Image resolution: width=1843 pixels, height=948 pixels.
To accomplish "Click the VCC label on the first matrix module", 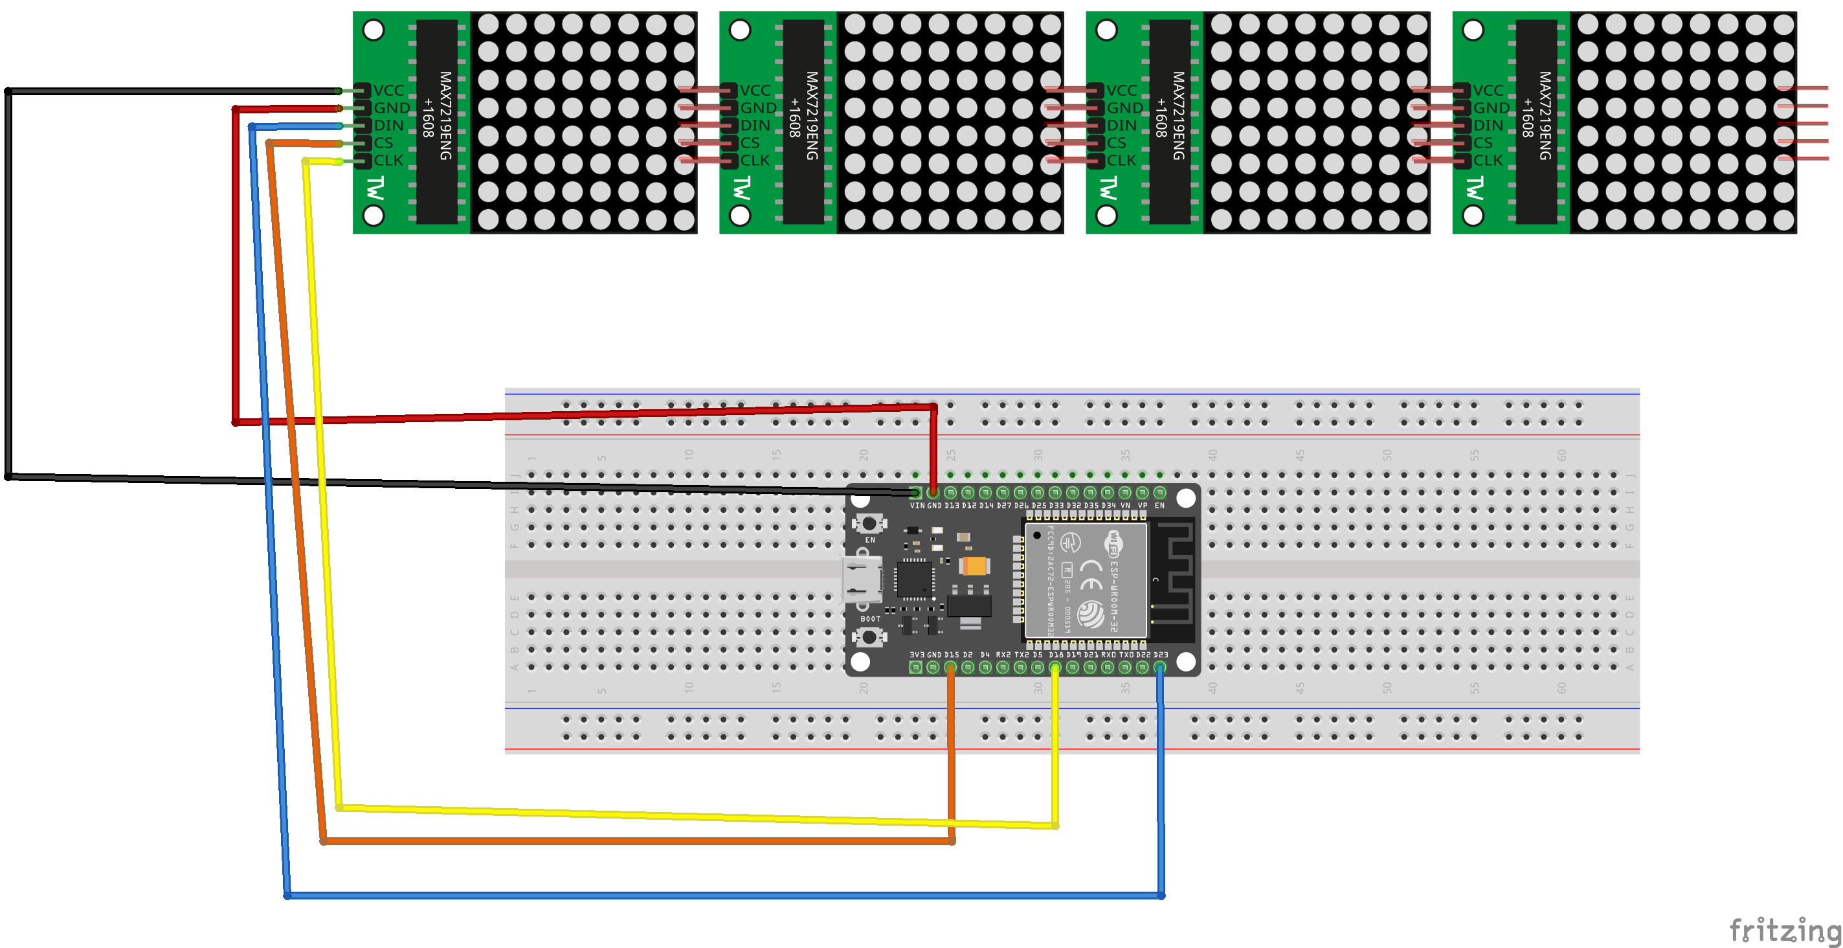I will pos(388,91).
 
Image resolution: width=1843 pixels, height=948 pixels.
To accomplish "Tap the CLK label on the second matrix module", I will pos(755,160).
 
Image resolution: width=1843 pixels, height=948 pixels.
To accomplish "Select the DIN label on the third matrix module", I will pos(1121,125).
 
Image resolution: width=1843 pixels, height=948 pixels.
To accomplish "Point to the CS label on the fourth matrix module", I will pos(1482,143).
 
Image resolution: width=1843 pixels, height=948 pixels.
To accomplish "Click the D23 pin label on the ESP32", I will pos(1161,655).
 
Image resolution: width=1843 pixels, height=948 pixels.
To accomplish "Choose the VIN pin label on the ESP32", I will pos(917,506).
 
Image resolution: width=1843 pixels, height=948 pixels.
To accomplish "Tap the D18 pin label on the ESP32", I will pos(1056,655).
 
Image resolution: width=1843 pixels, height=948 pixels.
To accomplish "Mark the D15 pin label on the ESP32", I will pos(951,655).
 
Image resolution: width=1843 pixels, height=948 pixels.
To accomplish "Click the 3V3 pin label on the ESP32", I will pos(917,655).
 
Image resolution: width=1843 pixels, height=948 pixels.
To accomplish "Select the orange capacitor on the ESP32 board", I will pos(974,566).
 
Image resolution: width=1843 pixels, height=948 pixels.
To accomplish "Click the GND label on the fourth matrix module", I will pos(1491,108).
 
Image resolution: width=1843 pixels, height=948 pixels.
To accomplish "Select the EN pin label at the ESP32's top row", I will pos(1160,506).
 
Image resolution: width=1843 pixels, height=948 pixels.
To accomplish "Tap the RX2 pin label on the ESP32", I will pos(1003,655).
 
